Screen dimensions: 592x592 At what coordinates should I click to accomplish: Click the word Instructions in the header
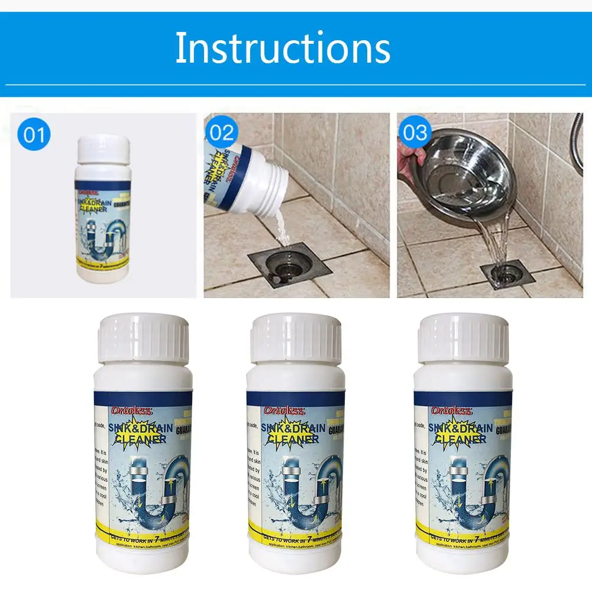(282, 48)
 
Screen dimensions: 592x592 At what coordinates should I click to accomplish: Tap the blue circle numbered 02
(222, 132)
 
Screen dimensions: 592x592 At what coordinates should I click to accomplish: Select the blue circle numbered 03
(415, 132)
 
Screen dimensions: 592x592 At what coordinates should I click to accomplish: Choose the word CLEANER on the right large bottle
(459, 438)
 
